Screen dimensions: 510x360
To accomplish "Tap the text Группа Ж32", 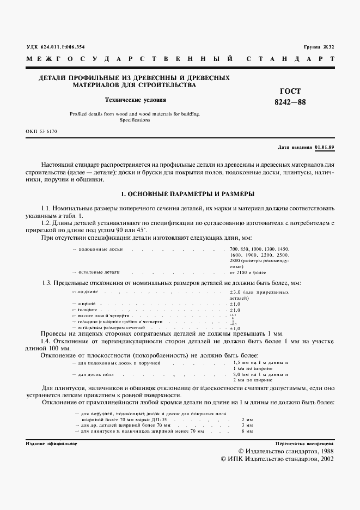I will (319, 47).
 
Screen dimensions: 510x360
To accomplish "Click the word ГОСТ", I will (289, 92).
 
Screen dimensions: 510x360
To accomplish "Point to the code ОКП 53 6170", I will (41, 132).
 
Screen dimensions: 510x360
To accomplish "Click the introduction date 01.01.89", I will (324, 148).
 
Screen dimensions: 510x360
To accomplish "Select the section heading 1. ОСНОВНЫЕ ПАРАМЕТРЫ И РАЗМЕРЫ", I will (180, 194).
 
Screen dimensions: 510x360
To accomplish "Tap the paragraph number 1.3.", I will (47, 283).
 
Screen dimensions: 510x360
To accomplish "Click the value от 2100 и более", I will (248, 271).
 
